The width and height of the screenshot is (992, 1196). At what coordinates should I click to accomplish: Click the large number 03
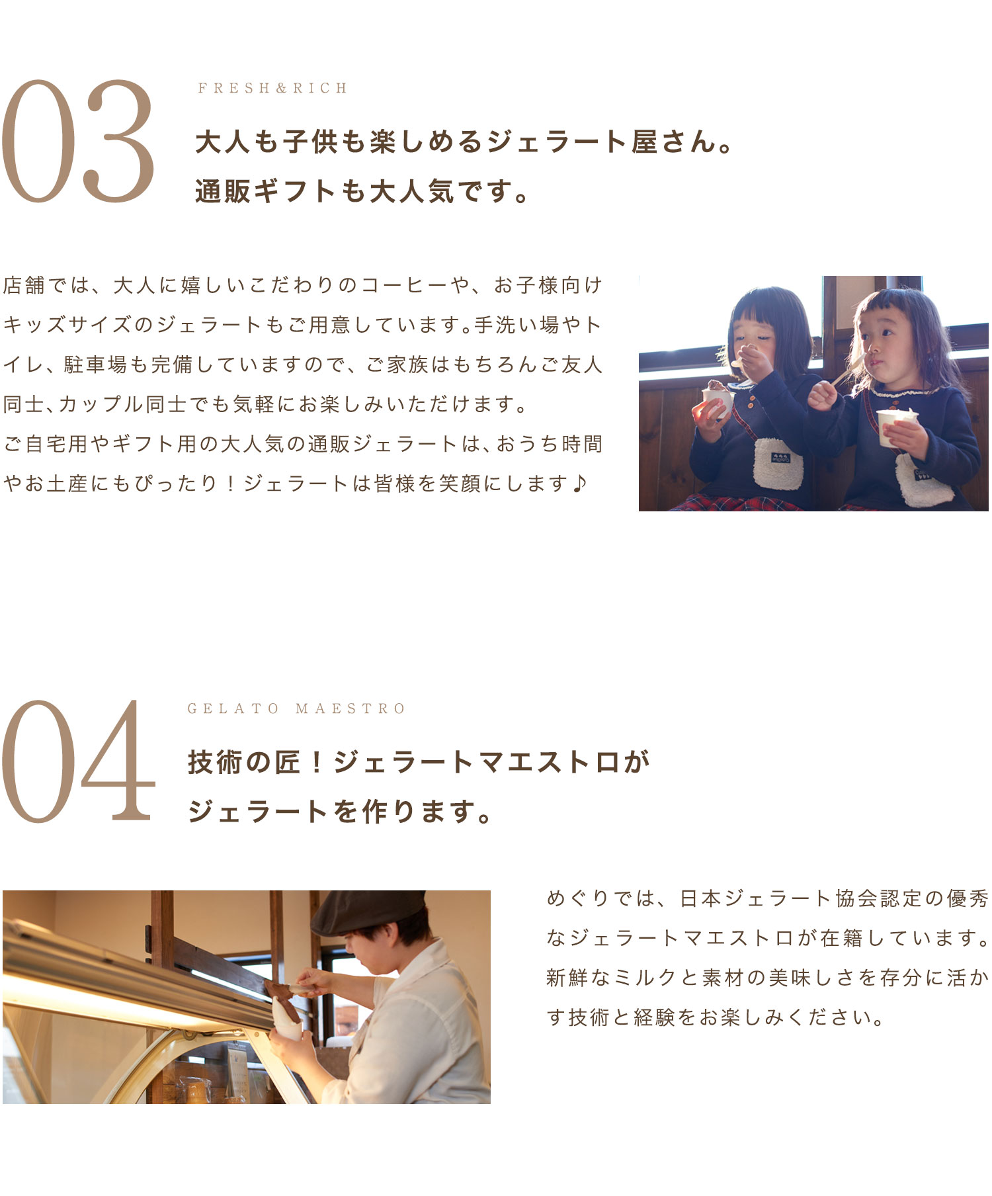coord(78,142)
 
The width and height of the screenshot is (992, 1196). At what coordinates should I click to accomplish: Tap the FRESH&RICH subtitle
coord(272,88)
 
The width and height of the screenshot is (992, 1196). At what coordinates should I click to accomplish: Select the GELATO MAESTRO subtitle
coord(296,708)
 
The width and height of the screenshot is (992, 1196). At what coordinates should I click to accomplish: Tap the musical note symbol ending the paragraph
coord(579,484)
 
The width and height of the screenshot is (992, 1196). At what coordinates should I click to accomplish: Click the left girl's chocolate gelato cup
coord(718,398)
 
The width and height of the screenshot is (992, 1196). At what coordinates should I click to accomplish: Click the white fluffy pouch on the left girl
coord(778,463)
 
